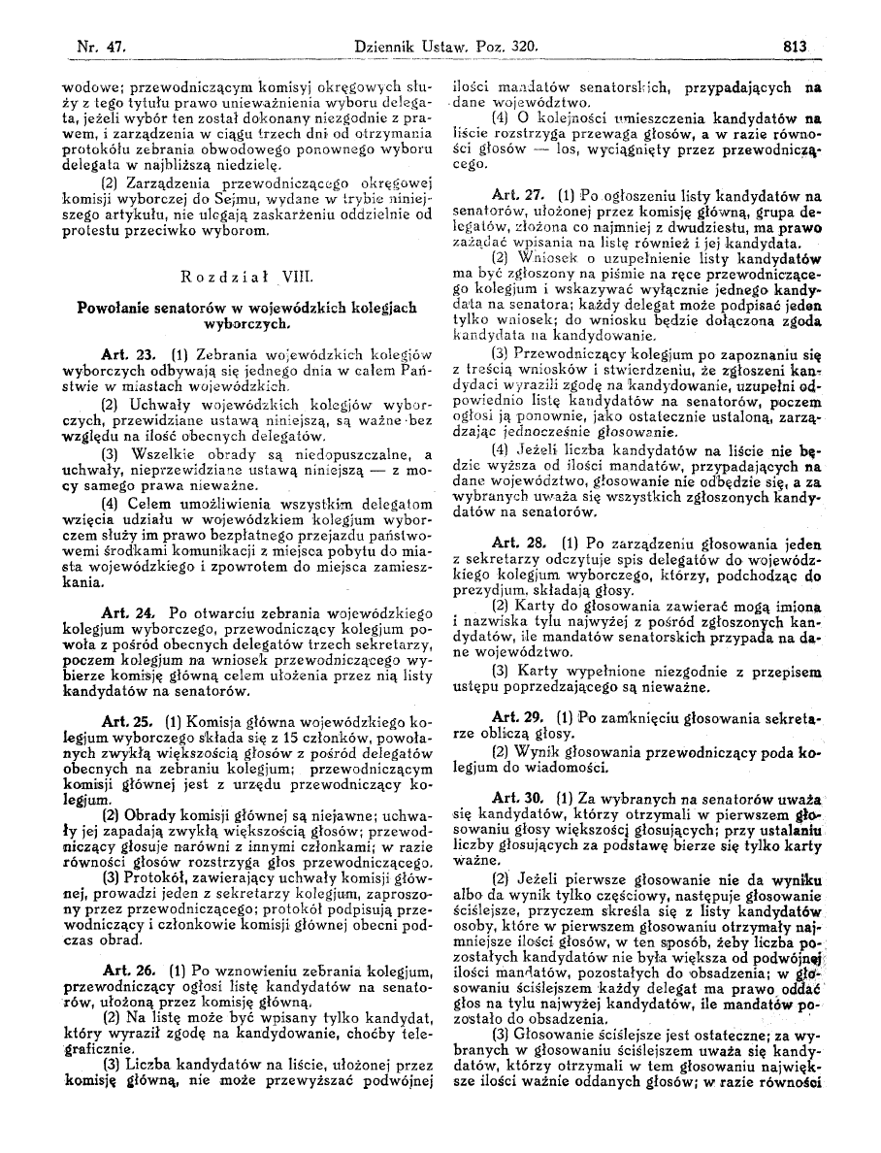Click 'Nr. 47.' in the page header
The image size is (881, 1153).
[82, 43]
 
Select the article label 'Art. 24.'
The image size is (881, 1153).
[127, 613]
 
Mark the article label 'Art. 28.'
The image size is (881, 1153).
[520, 542]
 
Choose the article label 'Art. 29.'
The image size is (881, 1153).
[520, 716]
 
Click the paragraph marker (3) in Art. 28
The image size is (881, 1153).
[500, 671]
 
